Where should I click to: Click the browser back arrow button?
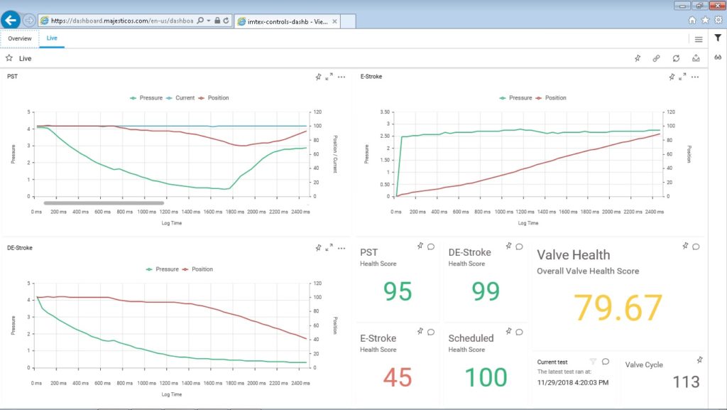pyautogui.click(x=11, y=21)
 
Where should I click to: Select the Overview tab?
pyautogui.click(x=19, y=38)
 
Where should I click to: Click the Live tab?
pyautogui.click(x=52, y=38)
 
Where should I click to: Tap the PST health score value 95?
pyautogui.click(x=398, y=291)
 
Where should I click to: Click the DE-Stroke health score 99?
pyautogui.click(x=486, y=291)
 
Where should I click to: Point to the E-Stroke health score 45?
pyautogui.click(x=398, y=377)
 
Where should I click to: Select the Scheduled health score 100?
pyautogui.click(x=486, y=377)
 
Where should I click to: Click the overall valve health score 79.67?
pyautogui.click(x=618, y=307)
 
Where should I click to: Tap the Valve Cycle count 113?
pyautogui.click(x=686, y=382)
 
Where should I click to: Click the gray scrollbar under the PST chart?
pyautogui.click(x=104, y=203)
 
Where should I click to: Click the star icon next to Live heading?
pyautogui.click(x=9, y=58)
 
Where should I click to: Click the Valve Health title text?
pyautogui.click(x=573, y=254)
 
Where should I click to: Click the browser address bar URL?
pyautogui.click(x=121, y=21)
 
